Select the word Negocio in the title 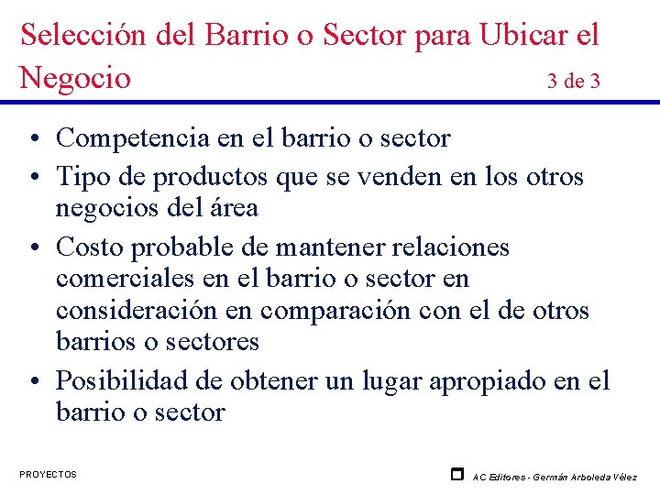click(75, 78)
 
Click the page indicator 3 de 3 click(574, 81)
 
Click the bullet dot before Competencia click(32, 139)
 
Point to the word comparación click(335, 311)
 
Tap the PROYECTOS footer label click(48, 474)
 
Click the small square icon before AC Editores click(456, 474)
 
